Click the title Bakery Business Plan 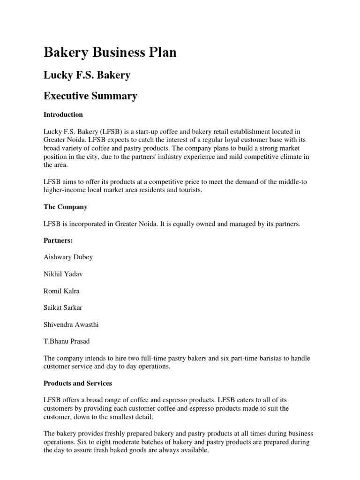110,52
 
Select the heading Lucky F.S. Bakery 87,75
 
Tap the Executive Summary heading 90,96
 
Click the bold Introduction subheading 63,114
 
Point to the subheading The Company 66,207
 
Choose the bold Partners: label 59,240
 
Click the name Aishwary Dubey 68,257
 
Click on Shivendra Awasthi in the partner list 72,325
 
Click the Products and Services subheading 78,383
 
